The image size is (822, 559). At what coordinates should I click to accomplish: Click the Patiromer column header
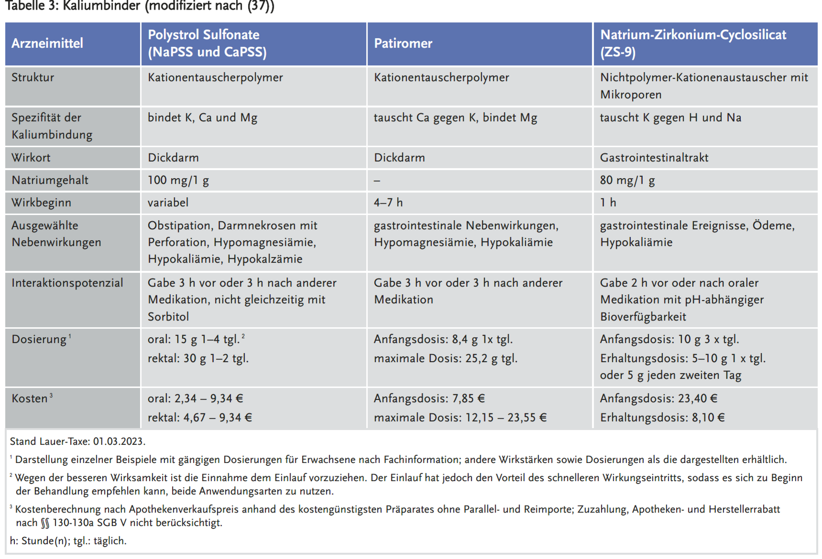(x=403, y=43)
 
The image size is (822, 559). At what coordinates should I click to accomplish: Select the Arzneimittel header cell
(x=47, y=43)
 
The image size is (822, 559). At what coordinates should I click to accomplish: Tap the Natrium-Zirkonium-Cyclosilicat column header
(x=693, y=43)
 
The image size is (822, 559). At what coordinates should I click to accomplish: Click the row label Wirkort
(x=31, y=158)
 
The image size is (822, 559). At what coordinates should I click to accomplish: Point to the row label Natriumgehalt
(x=50, y=180)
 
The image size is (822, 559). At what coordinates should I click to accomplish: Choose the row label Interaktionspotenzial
(x=67, y=283)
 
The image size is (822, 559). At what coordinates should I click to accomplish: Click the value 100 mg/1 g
(x=178, y=180)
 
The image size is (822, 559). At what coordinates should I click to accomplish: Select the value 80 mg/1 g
(x=627, y=180)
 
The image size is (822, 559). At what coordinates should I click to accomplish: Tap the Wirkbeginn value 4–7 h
(x=388, y=203)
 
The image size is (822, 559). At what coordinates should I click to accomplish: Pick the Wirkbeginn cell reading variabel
(x=168, y=203)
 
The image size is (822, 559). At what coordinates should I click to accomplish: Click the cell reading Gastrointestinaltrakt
(x=654, y=158)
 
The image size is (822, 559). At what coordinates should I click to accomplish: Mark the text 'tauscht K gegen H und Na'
(x=671, y=118)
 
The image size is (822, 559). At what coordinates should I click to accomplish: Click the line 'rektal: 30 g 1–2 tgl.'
(x=198, y=358)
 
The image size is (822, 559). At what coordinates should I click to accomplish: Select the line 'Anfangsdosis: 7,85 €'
(x=429, y=398)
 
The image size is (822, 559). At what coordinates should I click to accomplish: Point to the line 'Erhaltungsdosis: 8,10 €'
(x=662, y=418)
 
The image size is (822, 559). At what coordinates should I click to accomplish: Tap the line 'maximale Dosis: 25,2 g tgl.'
(x=445, y=358)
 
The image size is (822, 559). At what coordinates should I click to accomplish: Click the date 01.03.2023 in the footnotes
(x=119, y=441)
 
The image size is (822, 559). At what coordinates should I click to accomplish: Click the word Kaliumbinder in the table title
(x=101, y=6)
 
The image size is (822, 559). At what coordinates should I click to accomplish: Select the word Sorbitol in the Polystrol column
(x=168, y=317)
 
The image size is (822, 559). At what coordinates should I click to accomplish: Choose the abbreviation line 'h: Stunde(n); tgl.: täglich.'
(x=68, y=541)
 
